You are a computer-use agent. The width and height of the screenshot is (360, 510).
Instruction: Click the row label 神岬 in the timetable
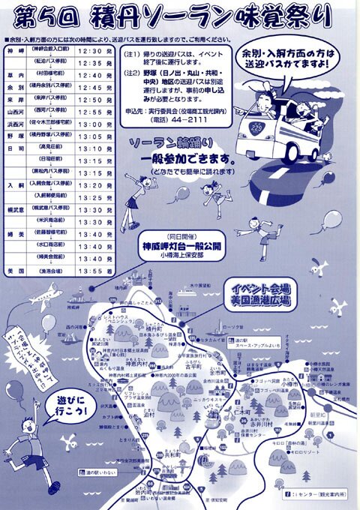click(x=12, y=50)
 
